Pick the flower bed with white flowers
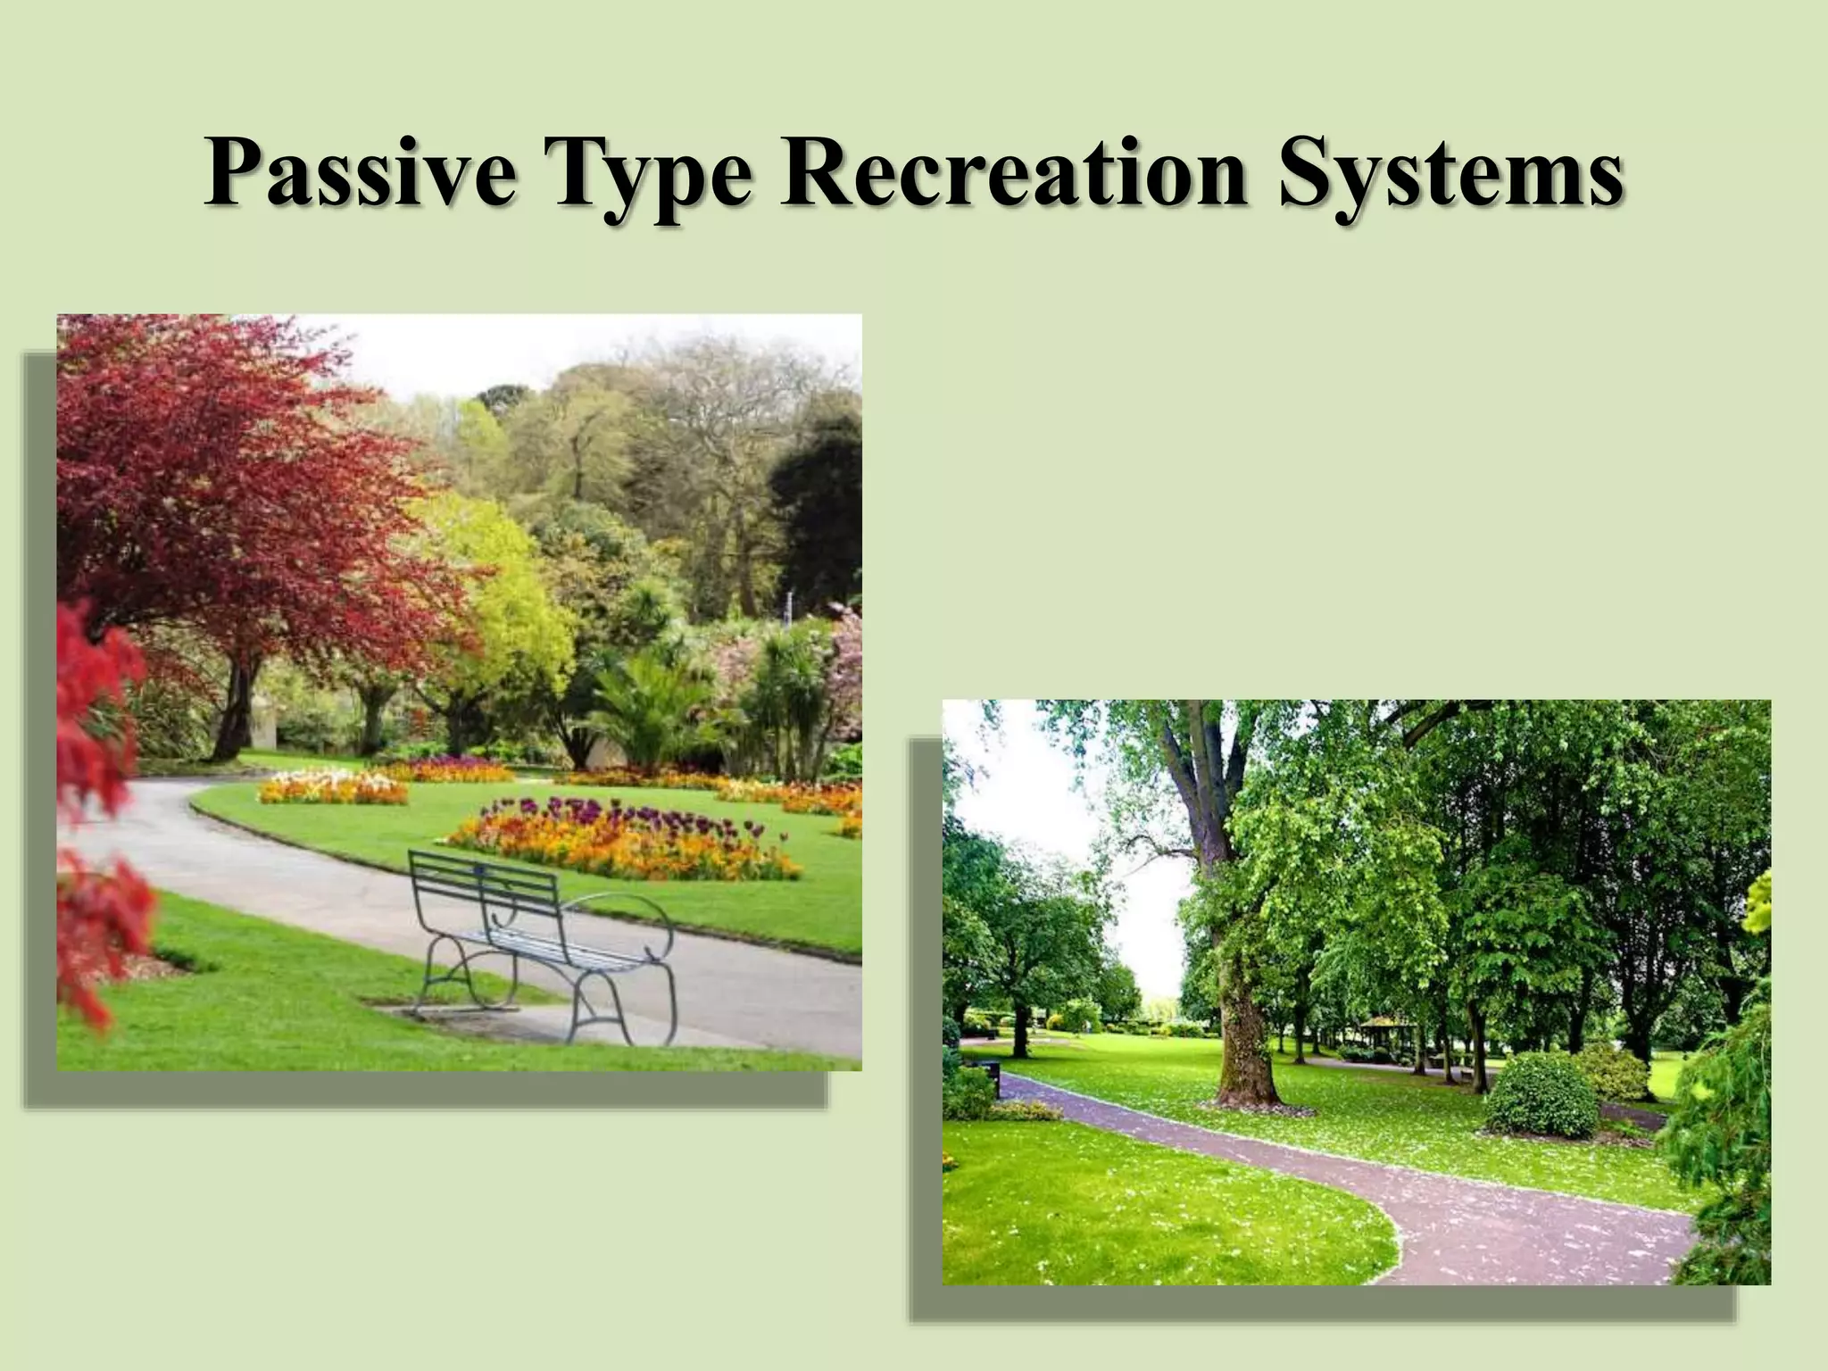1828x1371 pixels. (332, 789)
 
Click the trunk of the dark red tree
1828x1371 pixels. (234, 705)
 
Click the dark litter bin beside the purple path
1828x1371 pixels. (991, 1070)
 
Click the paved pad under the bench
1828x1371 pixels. (500, 1022)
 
